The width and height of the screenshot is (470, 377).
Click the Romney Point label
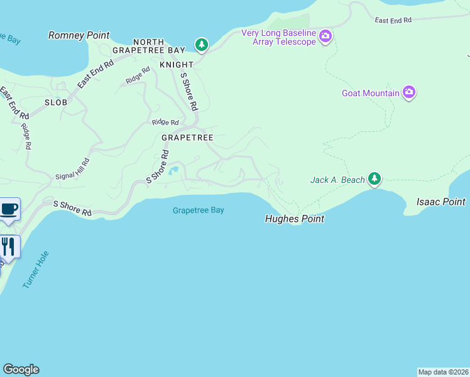79,36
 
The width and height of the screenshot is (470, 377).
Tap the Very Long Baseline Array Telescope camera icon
325,35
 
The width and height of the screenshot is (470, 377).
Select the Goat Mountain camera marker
409,93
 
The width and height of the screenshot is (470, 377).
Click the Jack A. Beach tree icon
374,180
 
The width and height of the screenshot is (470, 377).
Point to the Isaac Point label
441,202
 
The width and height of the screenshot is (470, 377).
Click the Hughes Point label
295,219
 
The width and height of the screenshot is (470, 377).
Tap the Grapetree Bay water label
199,210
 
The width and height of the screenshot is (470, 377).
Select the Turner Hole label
36,270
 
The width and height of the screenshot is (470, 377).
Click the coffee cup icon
9,209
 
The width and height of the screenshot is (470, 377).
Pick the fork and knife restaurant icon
8,246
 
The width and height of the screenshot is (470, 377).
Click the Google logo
21,369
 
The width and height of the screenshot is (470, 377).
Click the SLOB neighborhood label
56,102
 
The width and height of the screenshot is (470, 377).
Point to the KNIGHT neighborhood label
177,65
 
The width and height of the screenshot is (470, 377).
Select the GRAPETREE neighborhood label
187,137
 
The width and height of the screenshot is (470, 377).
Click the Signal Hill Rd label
73,169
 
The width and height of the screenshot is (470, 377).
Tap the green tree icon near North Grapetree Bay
201,45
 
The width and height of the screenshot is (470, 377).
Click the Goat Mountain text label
370,93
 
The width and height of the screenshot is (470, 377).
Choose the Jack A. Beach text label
337,180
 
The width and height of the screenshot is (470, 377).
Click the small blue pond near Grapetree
173,170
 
